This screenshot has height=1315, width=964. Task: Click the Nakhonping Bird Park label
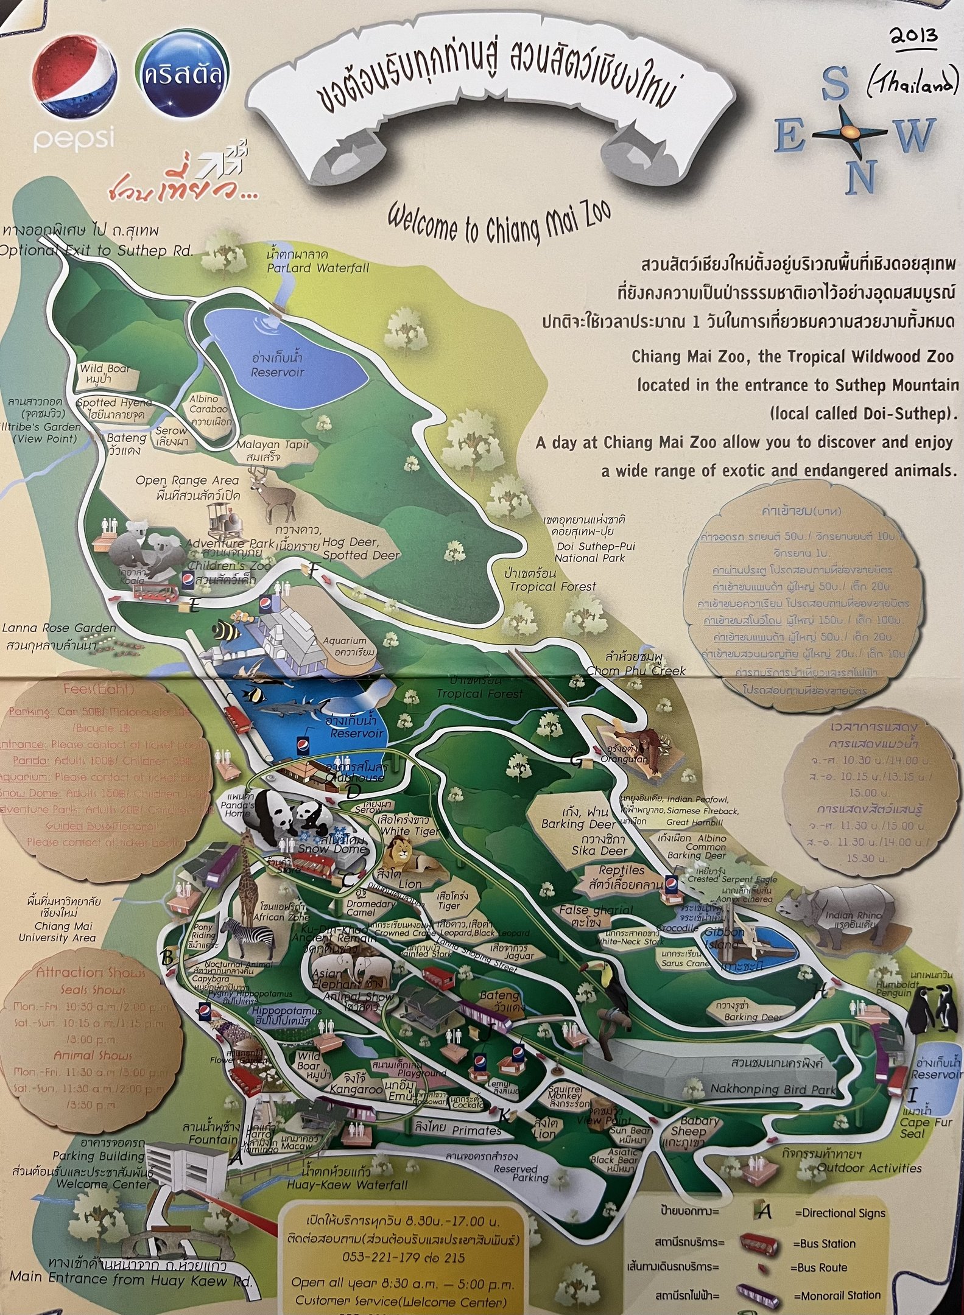[x=773, y=1089]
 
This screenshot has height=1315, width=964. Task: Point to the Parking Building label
[x=98, y=1156]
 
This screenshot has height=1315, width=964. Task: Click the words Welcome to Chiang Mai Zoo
[x=499, y=222]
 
